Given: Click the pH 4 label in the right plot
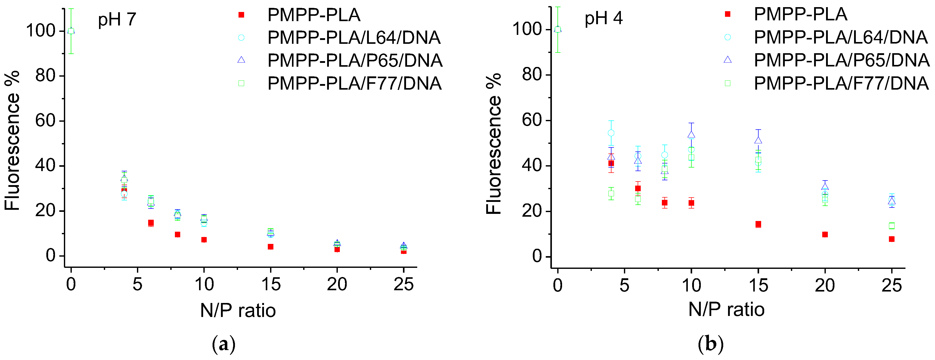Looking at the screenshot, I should coord(603,18).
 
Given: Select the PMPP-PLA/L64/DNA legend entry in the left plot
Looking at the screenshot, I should coord(354,38).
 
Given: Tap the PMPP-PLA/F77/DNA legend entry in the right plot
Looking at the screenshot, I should coord(841,84).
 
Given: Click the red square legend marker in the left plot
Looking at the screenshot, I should coord(241,15).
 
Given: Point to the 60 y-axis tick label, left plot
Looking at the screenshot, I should coord(45,121).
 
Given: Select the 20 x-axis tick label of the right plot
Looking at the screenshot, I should coord(825,285).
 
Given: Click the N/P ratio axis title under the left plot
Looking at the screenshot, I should coord(238,311).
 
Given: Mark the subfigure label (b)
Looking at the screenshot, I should coord(710,344).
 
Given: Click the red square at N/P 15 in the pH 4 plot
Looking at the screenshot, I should coord(758,224).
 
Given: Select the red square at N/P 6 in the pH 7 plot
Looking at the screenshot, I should coord(151,223).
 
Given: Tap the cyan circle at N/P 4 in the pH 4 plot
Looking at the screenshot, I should coord(611,133).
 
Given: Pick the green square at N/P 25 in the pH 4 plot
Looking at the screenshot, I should coord(892,226).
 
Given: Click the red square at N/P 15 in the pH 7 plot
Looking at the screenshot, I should coord(270,247).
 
